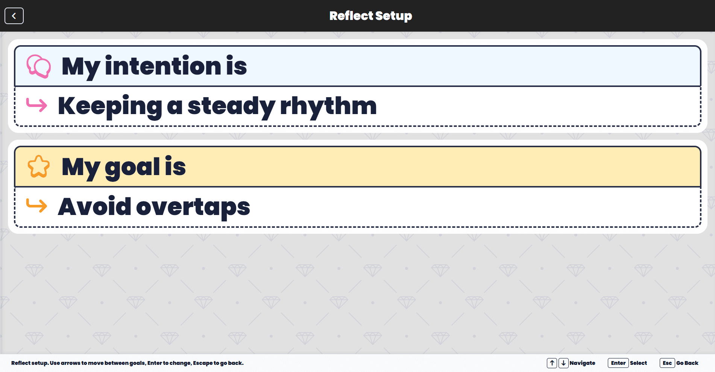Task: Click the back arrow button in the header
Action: point(14,16)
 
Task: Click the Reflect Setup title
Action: point(370,16)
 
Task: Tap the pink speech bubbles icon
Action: point(38,66)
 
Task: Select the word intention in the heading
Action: point(163,66)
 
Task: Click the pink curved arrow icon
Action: point(36,105)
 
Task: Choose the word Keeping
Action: point(110,107)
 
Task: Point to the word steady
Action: point(231,107)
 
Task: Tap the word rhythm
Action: point(328,106)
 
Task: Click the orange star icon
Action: point(38,166)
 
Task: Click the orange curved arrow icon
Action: point(36,206)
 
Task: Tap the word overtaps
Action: point(193,207)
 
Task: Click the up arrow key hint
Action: point(552,363)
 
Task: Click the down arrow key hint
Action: point(563,363)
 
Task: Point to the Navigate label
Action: point(582,363)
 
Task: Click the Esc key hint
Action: point(667,363)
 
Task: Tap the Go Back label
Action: point(687,363)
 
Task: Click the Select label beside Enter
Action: point(638,363)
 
